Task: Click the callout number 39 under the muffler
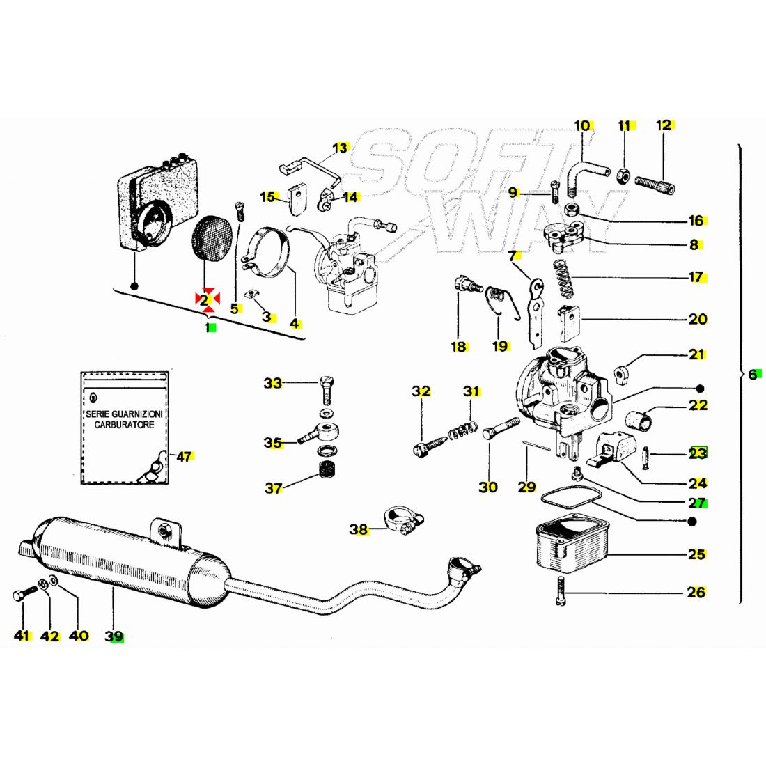[114, 636]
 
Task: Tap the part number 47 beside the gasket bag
[185, 457]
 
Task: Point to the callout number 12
[664, 125]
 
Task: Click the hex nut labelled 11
[624, 175]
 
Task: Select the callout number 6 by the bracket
[752, 374]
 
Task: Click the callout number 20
[697, 319]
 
